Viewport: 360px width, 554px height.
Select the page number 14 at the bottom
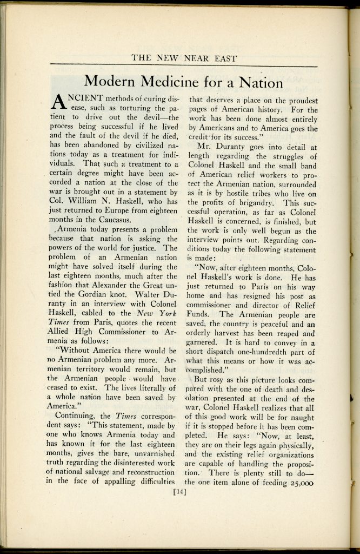[x=179, y=492]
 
